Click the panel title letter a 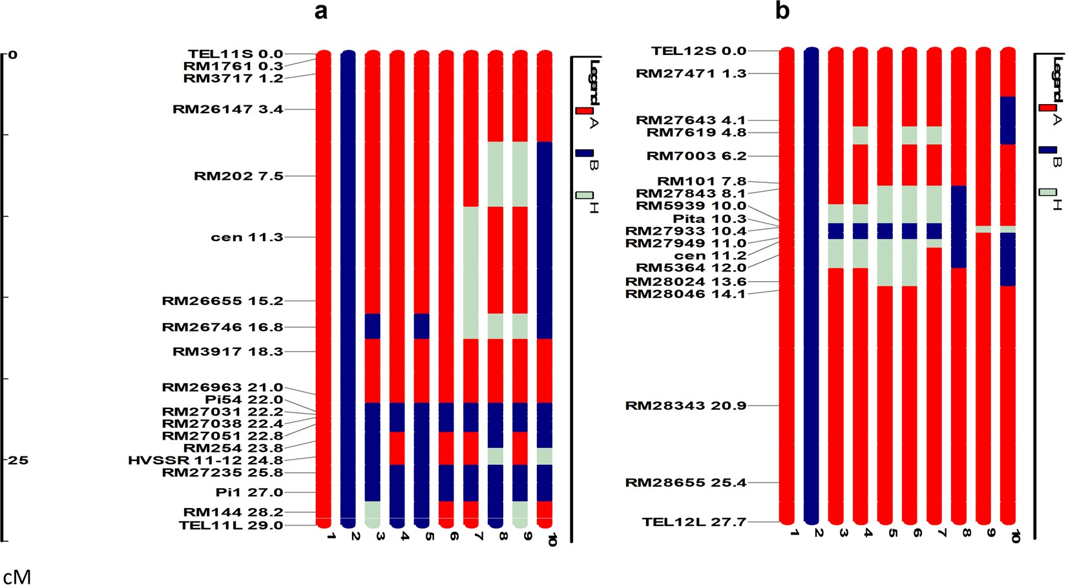click(x=321, y=11)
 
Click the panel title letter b click(x=782, y=11)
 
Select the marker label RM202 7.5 click(x=238, y=176)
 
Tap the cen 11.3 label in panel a click(x=247, y=237)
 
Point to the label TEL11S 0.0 click(x=235, y=54)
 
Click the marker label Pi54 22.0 click(x=244, y=399)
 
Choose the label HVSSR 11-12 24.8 click(x=205, y=460)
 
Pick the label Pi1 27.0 click(x=249, y=492)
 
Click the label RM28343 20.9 click(x=685, y=405)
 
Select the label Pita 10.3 click(x=709, y=218)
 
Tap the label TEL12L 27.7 click(x=694, y=522)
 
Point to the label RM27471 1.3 click(x=691, y=73)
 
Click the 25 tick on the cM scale click(x=18, y=460)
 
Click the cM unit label click(x=17, y=576)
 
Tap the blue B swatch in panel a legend click(x=585, y=153)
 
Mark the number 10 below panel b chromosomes click(x=1015, y=536)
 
